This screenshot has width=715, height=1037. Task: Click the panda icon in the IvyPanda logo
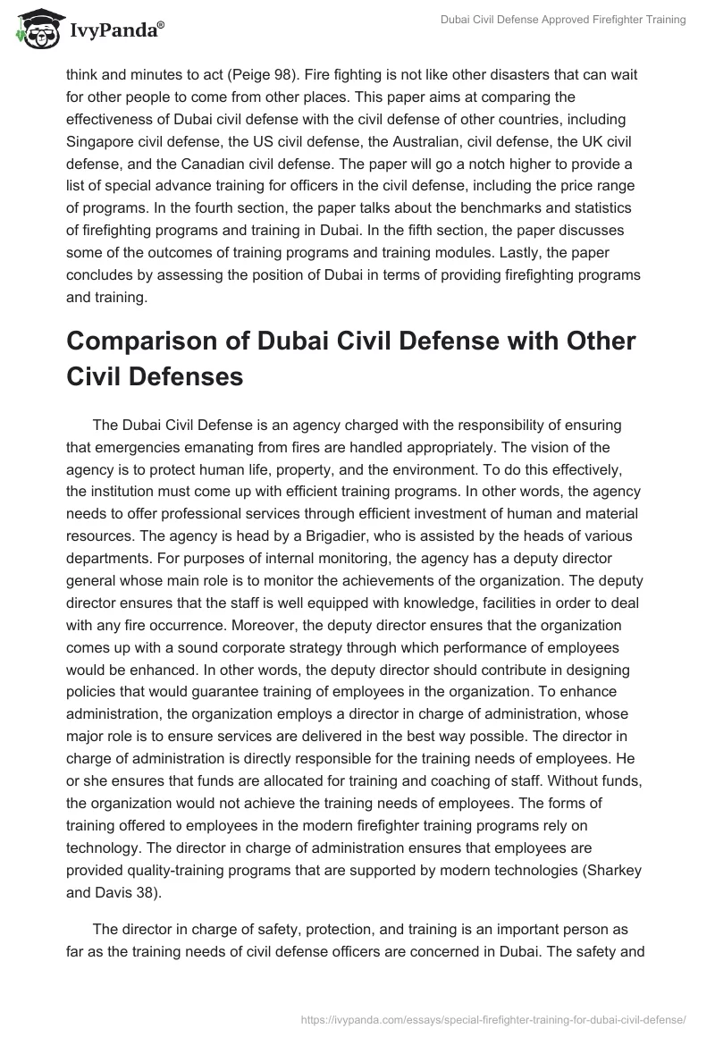(34, 30)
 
